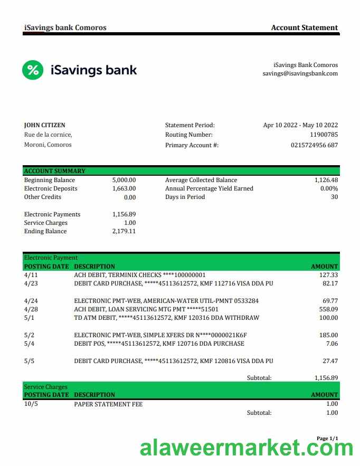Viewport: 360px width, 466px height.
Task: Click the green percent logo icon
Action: coord(33,70)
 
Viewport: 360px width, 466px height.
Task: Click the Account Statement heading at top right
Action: coord(304,27)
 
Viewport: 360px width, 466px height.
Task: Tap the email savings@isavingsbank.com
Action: coord(300,74)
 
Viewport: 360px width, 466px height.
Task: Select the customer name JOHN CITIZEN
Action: coord(45,125)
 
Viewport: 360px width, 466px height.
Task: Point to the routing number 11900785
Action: coord(324,135)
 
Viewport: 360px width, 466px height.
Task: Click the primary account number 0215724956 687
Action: coord(314,145)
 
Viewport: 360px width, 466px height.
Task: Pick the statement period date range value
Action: coord(300,125)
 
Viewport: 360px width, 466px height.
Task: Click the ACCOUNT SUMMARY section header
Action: coord(55,171)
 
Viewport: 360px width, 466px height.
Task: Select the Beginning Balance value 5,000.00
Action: coord(124,180)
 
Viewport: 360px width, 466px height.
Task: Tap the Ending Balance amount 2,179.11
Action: coord(124,231)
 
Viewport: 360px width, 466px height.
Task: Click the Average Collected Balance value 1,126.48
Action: coord(326,180)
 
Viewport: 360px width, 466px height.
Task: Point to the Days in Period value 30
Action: coord(334,197)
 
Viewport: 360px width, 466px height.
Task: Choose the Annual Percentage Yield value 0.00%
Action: coord(329,188)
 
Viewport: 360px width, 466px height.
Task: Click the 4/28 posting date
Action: coord(31,309)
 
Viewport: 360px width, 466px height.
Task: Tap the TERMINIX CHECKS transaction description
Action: coord(140,275)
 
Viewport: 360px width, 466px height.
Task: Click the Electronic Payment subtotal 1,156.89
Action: coord(326,378)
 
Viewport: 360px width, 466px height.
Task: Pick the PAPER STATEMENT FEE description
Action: coord(108,404)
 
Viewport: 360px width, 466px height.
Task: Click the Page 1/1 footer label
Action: coord(327,439)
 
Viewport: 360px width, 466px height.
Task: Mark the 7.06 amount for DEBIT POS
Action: coord(332,344)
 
